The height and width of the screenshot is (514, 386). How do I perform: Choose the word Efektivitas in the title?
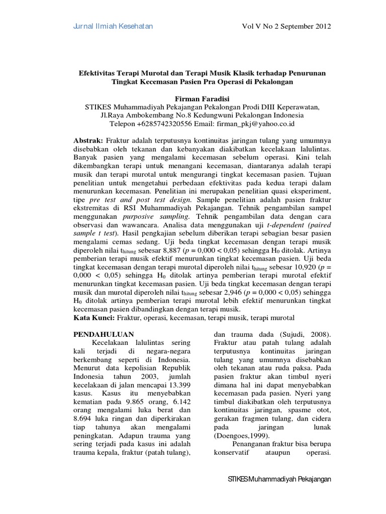(98, 73)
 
